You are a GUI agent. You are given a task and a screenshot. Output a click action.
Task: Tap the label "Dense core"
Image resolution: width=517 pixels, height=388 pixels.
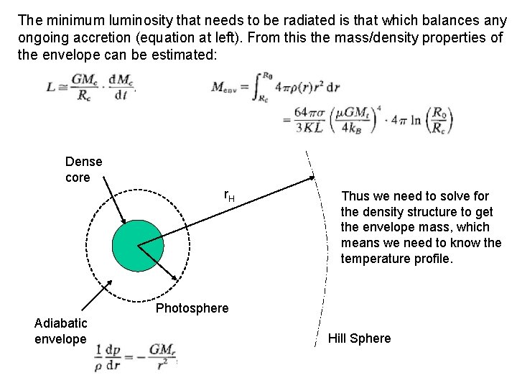tap(83, 170)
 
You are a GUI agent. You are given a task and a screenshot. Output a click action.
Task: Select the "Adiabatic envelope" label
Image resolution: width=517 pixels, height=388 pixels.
tap(61, 331)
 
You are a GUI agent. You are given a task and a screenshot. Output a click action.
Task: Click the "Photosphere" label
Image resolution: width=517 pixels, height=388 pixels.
tap(192, 308)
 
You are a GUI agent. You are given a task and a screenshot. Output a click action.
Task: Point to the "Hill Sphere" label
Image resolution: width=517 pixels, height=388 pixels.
tap(360, 338)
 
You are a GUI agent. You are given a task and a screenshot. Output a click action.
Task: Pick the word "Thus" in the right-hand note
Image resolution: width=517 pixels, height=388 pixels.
tap(355, 195)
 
